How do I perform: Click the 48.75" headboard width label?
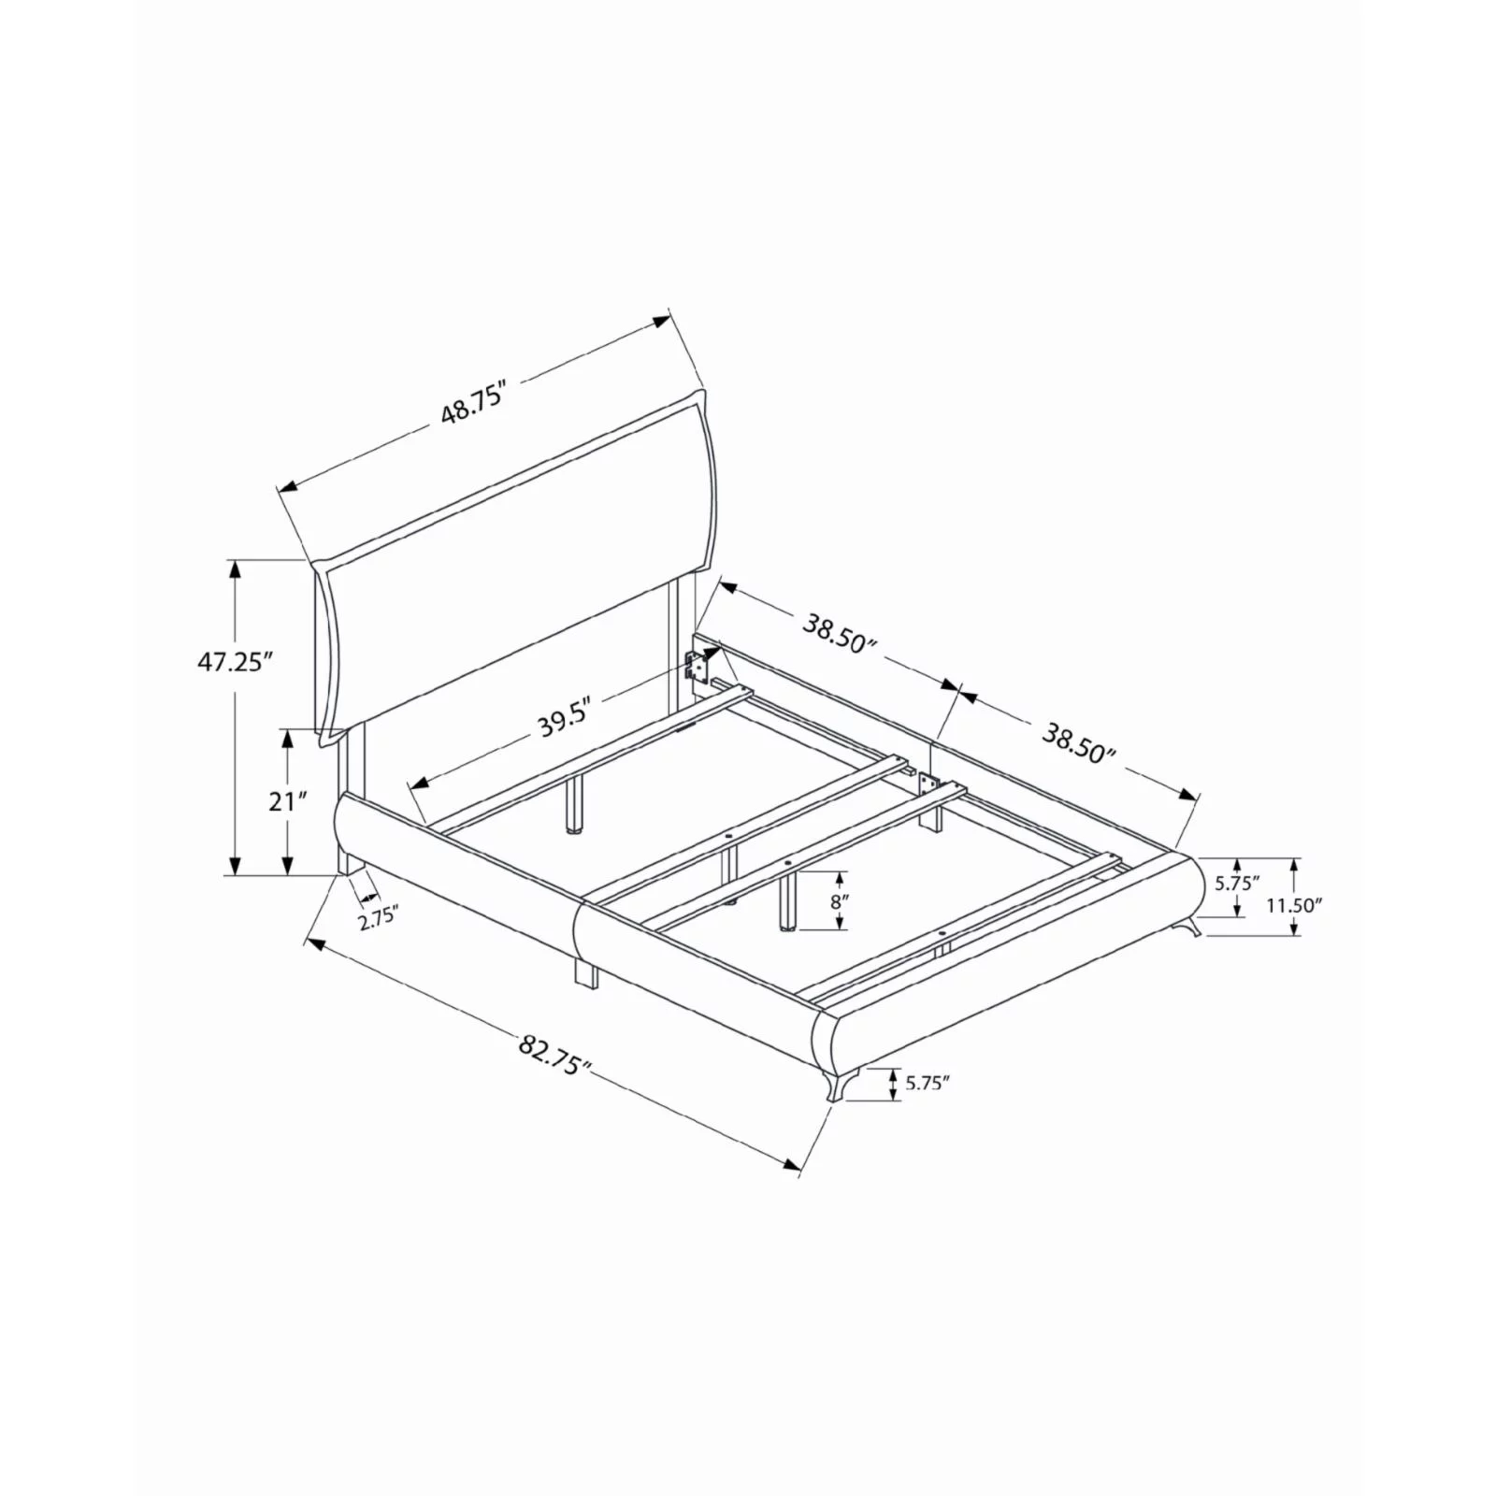pyautogui.click(x=474, y=404)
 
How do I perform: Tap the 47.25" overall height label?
pyautogui.click(x=234, y=662)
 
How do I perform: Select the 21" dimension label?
pyautogui.click(x=288, y=802)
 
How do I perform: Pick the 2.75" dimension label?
pyautogui.click(x=379, y=918)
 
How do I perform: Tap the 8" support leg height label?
pyautogui.click(x=839, y=902)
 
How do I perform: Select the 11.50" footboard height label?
pyautogui.click(x=1294, y=905)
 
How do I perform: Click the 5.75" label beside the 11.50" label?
pyautogui.click(x=1237, y=882)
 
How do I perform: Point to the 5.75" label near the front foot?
pyautogui.click(x=928, y=1084)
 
